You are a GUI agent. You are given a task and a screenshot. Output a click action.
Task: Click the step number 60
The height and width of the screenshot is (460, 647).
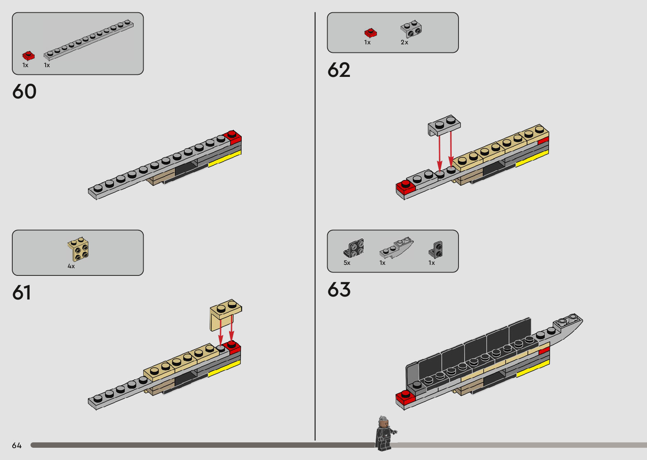[x=25, y=92]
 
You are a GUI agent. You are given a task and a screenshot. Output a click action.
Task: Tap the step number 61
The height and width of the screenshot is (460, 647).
[x=22, y=293]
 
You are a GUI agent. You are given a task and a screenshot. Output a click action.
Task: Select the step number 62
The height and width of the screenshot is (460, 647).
[x=339, y=70]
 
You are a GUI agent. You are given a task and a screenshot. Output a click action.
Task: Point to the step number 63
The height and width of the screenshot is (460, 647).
[x=339, y=290]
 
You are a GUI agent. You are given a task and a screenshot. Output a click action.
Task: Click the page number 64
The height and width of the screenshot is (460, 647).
[x=17, y=446]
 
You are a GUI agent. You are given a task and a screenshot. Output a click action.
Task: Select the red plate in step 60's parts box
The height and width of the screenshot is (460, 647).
[x=28, y=55]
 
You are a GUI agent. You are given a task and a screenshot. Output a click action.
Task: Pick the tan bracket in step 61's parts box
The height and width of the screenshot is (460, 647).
[x=78, y=249]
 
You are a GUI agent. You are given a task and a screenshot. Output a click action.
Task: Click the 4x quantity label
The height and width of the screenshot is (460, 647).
[x=71, y=267]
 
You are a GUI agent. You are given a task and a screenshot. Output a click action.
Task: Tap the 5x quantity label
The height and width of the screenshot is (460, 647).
[x=347, y=263]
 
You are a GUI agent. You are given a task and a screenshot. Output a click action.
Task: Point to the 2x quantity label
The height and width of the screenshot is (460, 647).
[x=404, y=42]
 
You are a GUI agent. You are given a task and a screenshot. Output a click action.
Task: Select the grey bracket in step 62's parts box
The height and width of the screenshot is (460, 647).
[x=411, y=29]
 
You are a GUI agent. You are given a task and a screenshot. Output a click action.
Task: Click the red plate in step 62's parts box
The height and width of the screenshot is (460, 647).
[x=371, y=33]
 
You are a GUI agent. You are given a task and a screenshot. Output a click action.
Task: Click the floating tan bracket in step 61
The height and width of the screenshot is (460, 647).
[x=225, y=315]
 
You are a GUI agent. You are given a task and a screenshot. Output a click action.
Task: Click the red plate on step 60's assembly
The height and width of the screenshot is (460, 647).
[x=232, y=137]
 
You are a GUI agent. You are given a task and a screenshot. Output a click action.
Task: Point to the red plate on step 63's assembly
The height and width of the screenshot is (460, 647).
[x=405, y=397]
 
